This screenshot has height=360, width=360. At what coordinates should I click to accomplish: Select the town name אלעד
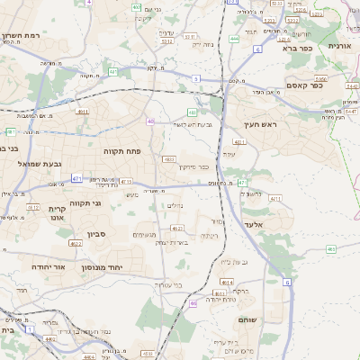(x=253, y=224)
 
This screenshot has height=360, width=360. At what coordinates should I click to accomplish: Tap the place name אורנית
(x=341, y=45)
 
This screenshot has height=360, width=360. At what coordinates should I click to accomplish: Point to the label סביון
(x=96, y=234)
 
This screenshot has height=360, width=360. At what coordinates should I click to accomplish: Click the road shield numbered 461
(x=331, y=249)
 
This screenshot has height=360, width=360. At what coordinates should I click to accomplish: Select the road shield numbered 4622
(x=51, y=320)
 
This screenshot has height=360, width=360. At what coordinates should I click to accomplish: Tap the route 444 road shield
(x=234, y=39)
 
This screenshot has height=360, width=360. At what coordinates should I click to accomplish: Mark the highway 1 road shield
(x=29, y=329)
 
